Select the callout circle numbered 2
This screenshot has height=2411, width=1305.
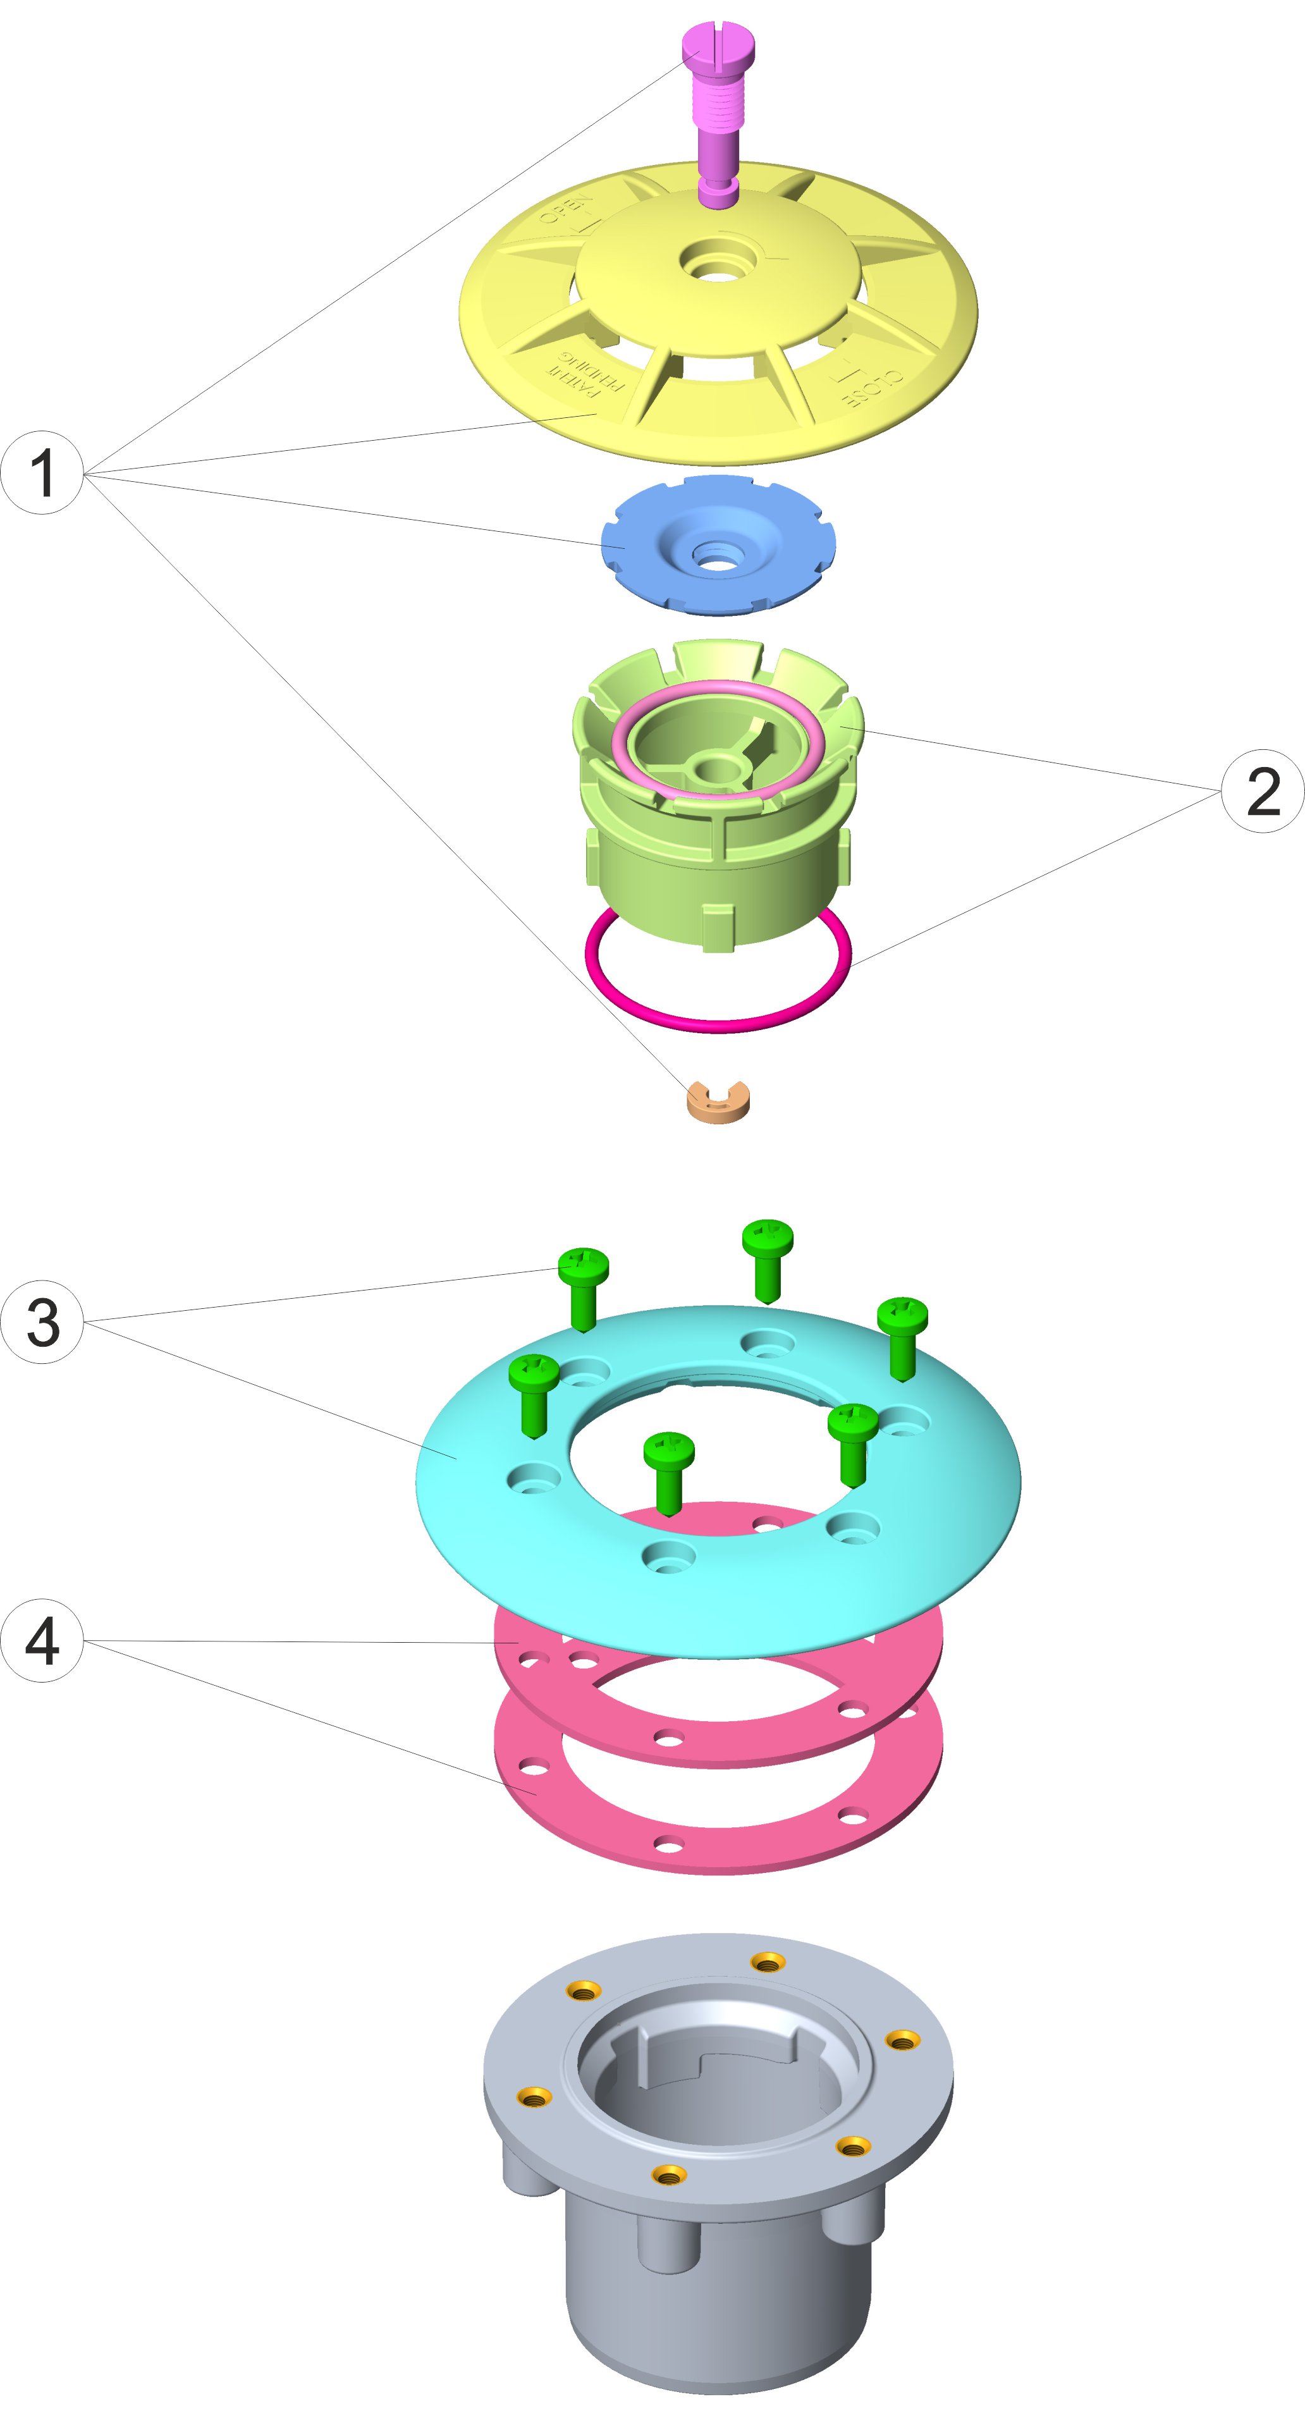coord(1262,791)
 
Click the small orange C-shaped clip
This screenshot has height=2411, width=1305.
coord(718,1105)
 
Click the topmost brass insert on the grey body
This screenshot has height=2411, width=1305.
coord(768,1962)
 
